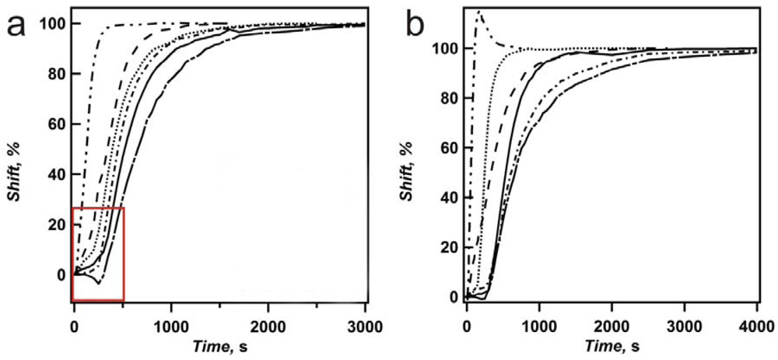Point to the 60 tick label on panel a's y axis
[x=54, y=124]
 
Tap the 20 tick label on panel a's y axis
[x=54, y=225]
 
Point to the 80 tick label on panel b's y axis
[x=447, y=98]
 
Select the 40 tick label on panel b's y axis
[x=447, y=197]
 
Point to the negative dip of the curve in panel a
[x=98, y=283]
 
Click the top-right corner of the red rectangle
[x=124, y=208]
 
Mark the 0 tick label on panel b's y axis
[x=454, y=297]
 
